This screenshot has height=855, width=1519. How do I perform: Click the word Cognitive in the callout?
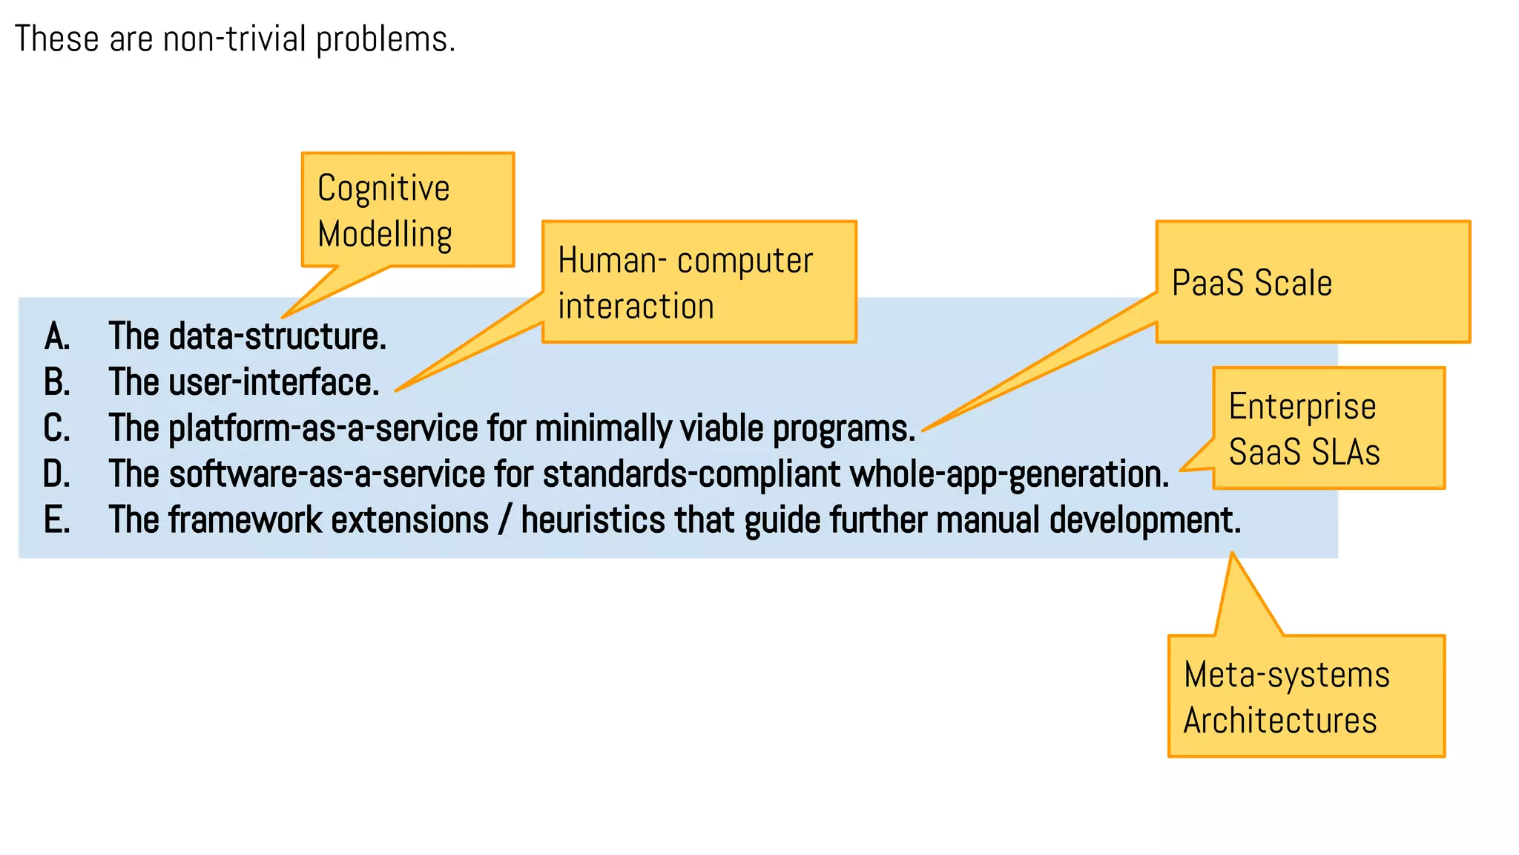point(383,189)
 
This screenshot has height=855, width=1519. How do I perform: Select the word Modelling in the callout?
point(384,235)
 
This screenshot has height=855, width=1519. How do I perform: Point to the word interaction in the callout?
point(636,307)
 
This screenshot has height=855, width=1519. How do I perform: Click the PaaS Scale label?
point(1251,283)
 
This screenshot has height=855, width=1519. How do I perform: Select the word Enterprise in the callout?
point(1302,407)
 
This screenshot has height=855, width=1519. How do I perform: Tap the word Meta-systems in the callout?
point(1286,675)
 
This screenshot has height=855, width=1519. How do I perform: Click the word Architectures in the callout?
point(1279,721)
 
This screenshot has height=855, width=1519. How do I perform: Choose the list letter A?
point(56,336)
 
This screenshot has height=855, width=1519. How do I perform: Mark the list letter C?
point(56,428)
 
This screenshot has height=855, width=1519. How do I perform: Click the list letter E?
point(56,520)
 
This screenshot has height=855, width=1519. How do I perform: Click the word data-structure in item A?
point(277,336)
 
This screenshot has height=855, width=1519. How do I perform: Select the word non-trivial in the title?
point(234,39)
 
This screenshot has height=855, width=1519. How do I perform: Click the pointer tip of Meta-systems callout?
point(1232,554)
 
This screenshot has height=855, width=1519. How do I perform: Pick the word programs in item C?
point(843,428)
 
